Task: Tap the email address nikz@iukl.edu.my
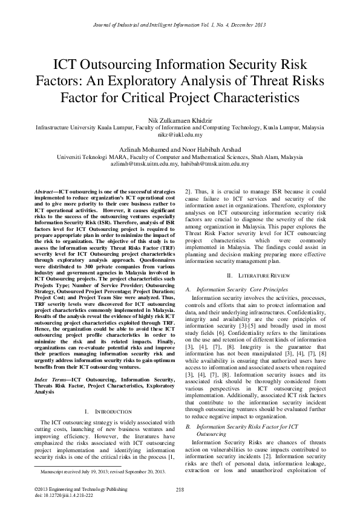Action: click(x=180, y=135)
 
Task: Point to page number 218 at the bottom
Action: click(x=180, y=489)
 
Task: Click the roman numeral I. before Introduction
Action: click(x=88, y=395)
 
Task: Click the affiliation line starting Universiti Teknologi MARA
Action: click(x=180, y=157)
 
